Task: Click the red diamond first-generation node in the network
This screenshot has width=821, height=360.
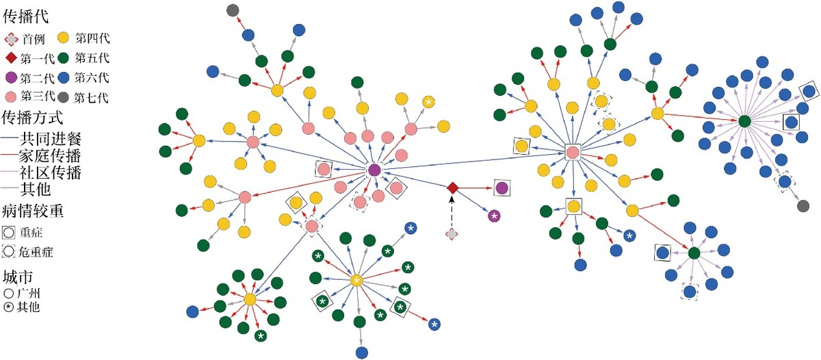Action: coord(453,188)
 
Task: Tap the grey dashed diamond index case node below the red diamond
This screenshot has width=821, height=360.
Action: coord(452,234)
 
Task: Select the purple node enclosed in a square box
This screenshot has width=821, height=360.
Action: coord(501,188)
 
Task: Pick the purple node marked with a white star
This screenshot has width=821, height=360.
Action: coord(495,216)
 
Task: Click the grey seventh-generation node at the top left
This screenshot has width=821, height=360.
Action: coord(233,10)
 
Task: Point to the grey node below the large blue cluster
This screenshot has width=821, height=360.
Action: coord(803,205)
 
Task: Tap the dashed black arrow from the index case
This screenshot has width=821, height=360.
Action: coord(452,212)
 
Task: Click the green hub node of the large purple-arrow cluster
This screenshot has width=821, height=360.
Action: coord(744,121)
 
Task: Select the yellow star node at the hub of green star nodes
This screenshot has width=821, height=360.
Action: coord(356,281)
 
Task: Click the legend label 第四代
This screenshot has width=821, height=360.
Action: coord(92,38)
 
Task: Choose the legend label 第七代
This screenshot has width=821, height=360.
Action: coord(91,97)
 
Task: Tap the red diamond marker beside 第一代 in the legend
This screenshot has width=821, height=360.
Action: coord(11,58)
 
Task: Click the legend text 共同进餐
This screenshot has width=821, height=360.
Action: coord(50,139)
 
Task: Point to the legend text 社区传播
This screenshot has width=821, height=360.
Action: coord(50,172)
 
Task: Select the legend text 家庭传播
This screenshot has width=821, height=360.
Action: coord(50,156)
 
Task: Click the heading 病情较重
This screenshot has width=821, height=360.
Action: coord(33,211)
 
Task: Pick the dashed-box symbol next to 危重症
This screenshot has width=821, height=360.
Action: coord(8,251)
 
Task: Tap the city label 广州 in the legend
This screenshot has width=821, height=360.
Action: coord(28,294)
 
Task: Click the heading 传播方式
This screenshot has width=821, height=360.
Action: coord(32,118)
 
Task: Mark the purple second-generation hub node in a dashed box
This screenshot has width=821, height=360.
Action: coord(374,170)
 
